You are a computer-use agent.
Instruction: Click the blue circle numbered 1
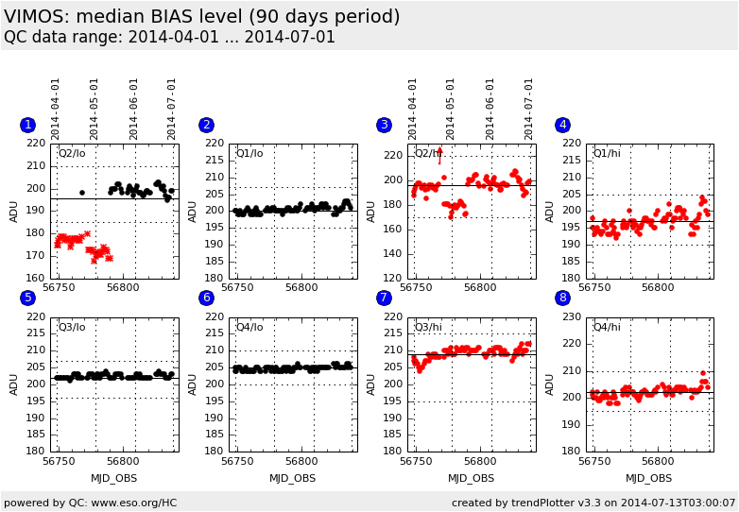27,125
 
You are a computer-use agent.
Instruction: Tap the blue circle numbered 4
562,125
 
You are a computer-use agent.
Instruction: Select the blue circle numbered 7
384,298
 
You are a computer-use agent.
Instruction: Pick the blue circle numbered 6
206,298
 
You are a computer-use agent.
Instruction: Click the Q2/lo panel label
72,154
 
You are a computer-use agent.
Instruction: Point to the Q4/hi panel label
607,328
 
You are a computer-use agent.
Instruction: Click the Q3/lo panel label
72,328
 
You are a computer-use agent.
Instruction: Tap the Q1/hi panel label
607,154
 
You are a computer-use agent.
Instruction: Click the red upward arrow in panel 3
439,156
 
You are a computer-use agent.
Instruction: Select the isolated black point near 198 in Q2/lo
82,193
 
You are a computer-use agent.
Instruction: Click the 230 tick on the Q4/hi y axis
572,317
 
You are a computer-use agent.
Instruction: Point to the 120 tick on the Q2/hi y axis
393,278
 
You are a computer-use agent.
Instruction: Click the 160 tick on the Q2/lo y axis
36,278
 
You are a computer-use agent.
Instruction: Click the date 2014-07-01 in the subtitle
290,37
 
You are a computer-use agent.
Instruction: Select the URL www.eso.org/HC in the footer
134,503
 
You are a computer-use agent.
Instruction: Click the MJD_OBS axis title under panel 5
114,479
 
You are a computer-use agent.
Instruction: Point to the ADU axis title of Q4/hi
550,384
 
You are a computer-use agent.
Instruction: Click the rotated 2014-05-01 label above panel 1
94,110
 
